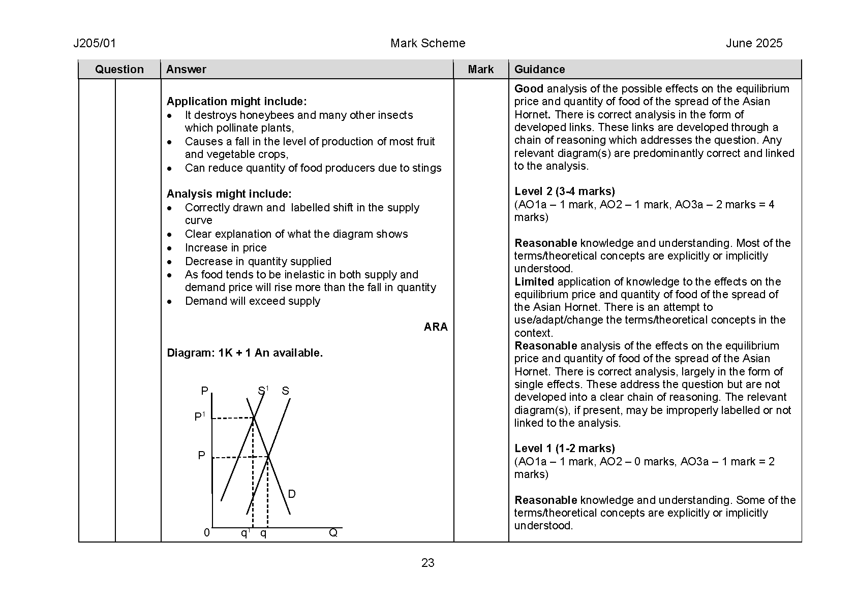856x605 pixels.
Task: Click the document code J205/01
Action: [x=95, y=44]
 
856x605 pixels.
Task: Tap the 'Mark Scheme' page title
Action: [x=427, y=44]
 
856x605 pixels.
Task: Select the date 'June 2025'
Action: [x=754, y=44]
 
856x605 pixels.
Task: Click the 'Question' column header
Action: [x=119, y=70]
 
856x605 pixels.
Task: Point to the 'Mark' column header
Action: [x=480, y=70]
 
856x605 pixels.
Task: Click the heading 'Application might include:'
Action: [x=236, y=102]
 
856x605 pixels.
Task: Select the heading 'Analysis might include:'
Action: [x=229, y=194]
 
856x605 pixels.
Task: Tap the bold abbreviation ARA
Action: [x=436, y=327]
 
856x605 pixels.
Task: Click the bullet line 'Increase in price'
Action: [x=226, y=248]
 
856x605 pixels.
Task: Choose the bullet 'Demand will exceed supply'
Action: [x=253, y=301]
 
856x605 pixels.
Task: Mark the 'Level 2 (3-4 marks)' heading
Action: [x=564, y=192]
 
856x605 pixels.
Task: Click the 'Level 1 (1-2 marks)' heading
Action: [x=564, y=449]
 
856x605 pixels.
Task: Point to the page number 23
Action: [x=427, y=563]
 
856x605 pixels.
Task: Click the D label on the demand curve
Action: [x=292, y=494]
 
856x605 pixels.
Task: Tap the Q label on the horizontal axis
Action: [x=333, y=533]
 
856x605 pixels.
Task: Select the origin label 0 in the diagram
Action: [x=207, y=533]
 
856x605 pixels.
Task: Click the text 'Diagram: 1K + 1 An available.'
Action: [x=244, y=353]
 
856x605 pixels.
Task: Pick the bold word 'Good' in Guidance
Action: [x=529, y=89]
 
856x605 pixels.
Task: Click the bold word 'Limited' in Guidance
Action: [x=534, y=282]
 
